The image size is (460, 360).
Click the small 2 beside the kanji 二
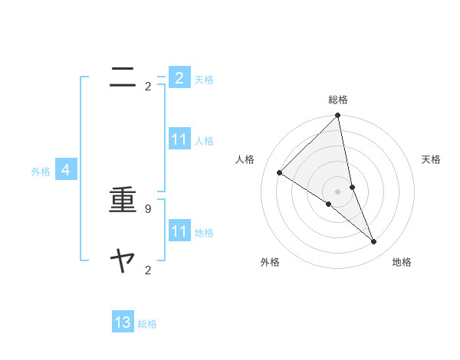pyautogui.click(x=148, y=86)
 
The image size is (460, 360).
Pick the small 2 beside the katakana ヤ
pyautogui.click(x=148, y=270)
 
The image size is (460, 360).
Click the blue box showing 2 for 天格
pyautogui.click(x=179, y=77)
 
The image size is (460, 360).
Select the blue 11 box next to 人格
pyautogui.click(x=179, y=139)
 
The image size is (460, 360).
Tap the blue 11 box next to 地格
pyautogui.click(x=179, y=231)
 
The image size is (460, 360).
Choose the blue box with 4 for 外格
pyautogui.click(x=66, y=170)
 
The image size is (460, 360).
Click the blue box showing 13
pyautogui.click(x=123, y=322)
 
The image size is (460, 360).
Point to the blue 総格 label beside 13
pyautogui.click(x=147, y=324)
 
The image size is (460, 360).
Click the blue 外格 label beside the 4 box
pyautogui.click(x=41, y=172)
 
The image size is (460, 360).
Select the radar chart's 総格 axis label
pyautogui.click(x=338, y=100)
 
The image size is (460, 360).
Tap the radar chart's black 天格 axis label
pyautogui.click(x=432, y=159)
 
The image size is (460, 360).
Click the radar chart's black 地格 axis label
pyautogui.click(x=402, y=262)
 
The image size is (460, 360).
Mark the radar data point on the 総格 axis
pyautogui.click(x=338, y=116)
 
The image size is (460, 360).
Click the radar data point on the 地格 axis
pyautogui.click(x=374, y=242)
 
